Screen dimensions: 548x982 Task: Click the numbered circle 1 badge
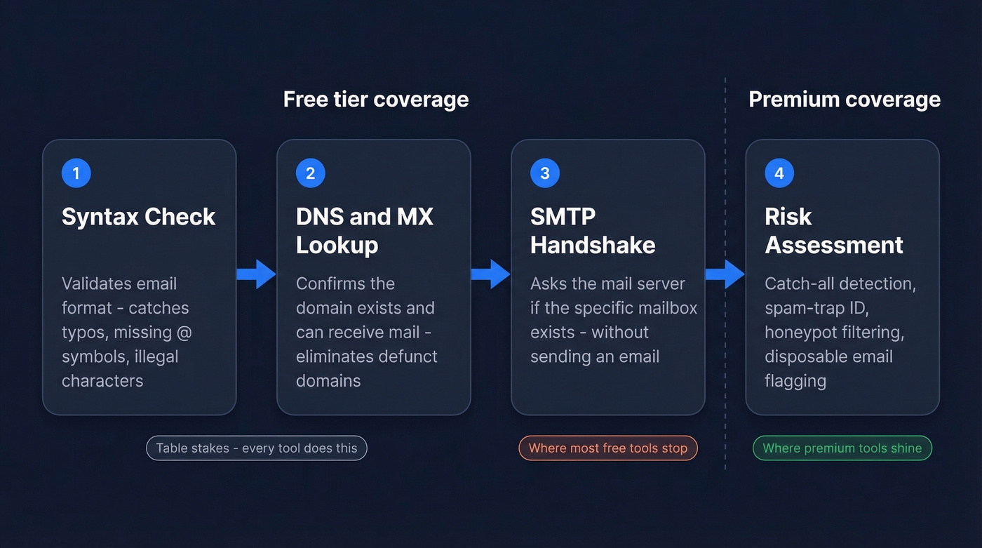coord(76,173)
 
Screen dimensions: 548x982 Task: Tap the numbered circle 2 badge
coord(311,173)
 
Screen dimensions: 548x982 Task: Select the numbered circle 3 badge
coord(545,173)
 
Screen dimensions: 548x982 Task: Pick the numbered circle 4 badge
coord(779,173)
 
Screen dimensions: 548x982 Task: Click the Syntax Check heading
coord(138,217)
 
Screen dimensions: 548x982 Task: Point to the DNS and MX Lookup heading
coord(364,231)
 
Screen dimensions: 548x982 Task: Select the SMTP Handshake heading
coord(593,231)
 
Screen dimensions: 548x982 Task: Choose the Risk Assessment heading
coord(833,231)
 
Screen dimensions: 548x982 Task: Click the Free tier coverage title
coord(376,100)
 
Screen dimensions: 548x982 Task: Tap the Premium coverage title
coord(844,100)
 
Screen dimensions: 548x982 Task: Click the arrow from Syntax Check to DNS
coord(256,274)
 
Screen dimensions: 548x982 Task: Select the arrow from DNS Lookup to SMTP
coord(490,274)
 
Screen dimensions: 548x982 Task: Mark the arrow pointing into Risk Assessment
coord(725,274)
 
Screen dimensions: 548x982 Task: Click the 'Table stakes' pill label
coord(256,448)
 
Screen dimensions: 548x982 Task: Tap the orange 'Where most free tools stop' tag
coord(607,448)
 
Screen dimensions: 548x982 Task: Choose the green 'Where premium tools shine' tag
coord(842,448)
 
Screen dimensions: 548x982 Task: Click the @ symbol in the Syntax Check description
coord(183,333)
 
